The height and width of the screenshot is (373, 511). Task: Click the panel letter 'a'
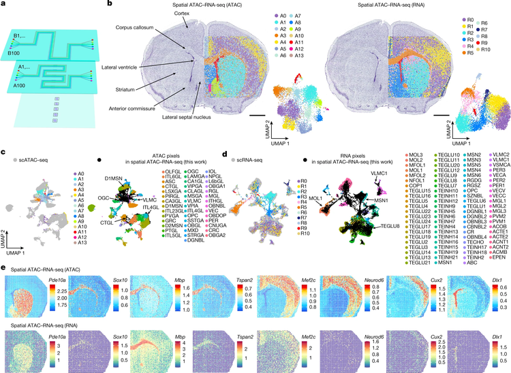(x=4, y=5)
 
